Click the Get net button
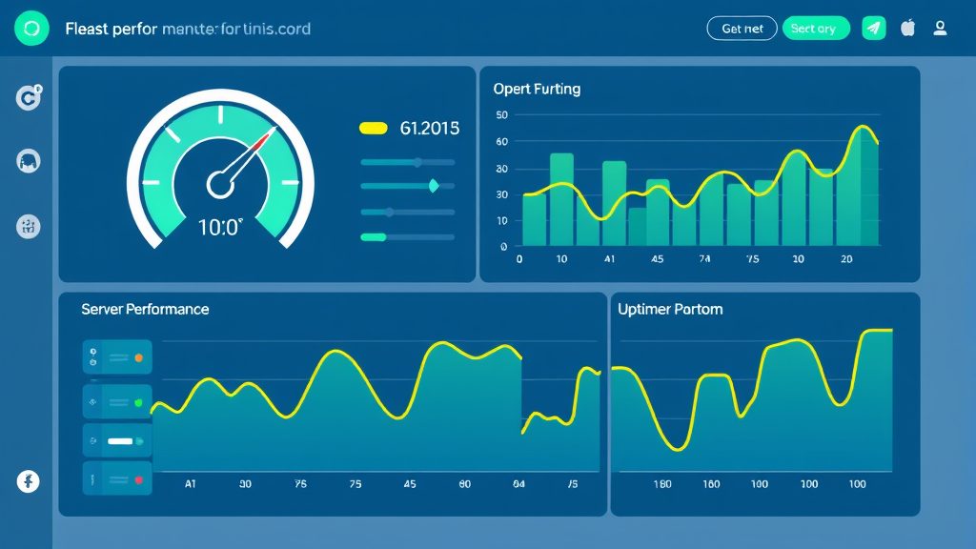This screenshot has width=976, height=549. coord(742,29)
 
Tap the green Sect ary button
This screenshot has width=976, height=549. coord(815,29)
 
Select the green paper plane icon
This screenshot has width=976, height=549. coord(873,29)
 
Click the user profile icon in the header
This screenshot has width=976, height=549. coord(940,29)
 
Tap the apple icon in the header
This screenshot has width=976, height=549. coord(907,29)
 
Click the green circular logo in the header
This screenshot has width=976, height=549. coord(31,30)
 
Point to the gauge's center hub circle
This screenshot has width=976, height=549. coord(220,183)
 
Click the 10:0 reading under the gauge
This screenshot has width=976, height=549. coord(220,227)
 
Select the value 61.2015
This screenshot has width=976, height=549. coord(430,129)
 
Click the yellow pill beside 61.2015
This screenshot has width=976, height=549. coord(373,129)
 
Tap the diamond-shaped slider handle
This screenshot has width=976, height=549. coord(434,187)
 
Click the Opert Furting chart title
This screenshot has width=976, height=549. coord(537,89)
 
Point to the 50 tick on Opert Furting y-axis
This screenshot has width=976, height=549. coord(502,115)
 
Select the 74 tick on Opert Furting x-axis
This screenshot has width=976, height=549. coord(704,259)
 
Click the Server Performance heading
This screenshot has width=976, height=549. coord(145,310)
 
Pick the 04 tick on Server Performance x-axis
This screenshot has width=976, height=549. coord(518,484)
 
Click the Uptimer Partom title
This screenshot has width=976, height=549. coord(670,310)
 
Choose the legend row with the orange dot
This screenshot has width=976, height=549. coord(117,358)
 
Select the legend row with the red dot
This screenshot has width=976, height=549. coord(117,478)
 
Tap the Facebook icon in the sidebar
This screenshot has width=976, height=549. coord(29,482)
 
